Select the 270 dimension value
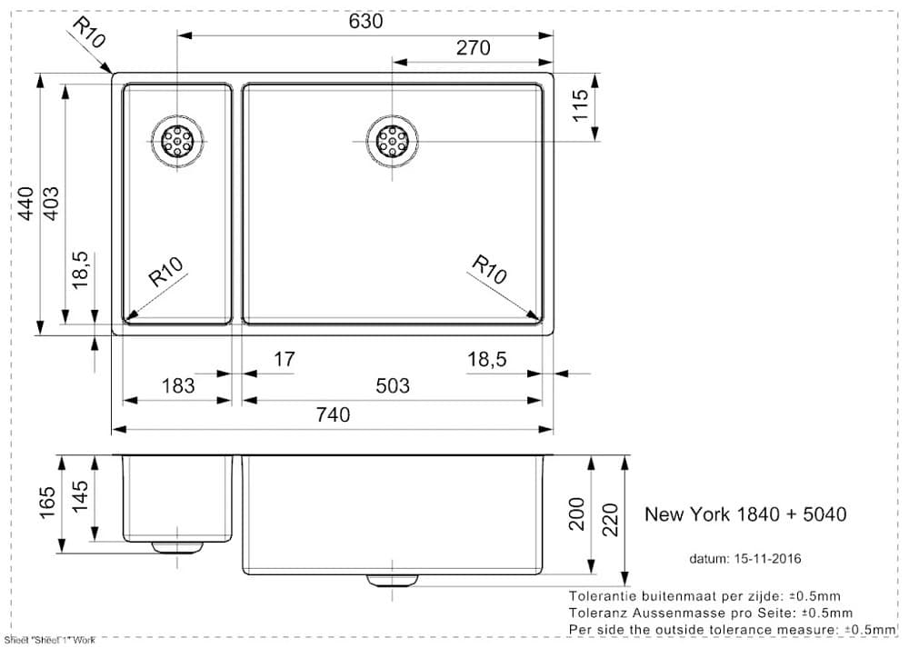[473, 48]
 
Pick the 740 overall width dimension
[333, 415]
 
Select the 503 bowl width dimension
[393, 386]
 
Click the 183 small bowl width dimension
[177, 386]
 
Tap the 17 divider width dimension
[284, 360]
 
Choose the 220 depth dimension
[610, 519]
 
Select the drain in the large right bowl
[393, 141]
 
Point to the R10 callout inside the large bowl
[489, 270]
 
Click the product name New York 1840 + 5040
[745, 514]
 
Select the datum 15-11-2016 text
[744, 558]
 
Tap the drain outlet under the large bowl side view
[393, 581]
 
